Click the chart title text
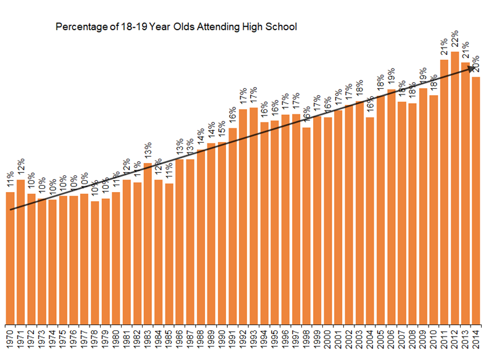point(177,27)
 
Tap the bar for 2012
point(454,185)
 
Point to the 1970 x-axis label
point(10,341)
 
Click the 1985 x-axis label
point(169,341)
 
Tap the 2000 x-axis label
point(328,341)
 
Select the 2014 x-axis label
point(476,341)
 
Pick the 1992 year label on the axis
point(243,341)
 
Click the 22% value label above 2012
point(454,40)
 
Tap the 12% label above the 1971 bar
point(20,168)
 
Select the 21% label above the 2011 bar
point(444,48)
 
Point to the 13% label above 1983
point(148,152)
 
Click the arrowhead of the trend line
point(472,68)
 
